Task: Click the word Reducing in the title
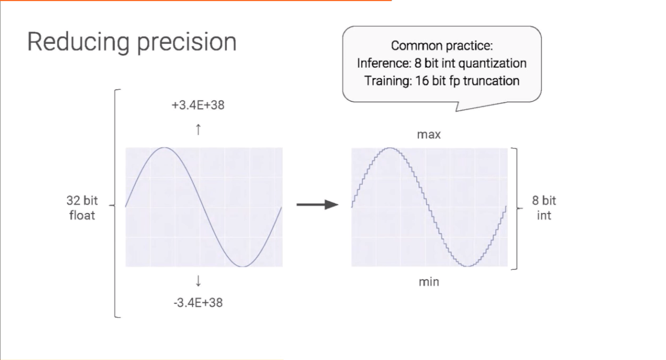78,43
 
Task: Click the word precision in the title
186,43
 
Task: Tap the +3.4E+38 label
198,105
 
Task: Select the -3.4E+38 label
198,303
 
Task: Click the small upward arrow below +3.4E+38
198,130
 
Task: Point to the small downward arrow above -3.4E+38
198,281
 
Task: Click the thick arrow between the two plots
317,205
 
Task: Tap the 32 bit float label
82,208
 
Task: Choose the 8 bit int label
544,208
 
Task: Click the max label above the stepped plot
428,135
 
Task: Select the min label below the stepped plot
428,282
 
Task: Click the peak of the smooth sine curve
164,148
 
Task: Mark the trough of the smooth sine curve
243,266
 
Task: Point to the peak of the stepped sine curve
390,148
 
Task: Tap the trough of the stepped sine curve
468,266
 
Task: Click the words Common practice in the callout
442,46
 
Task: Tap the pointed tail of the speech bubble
456,111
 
